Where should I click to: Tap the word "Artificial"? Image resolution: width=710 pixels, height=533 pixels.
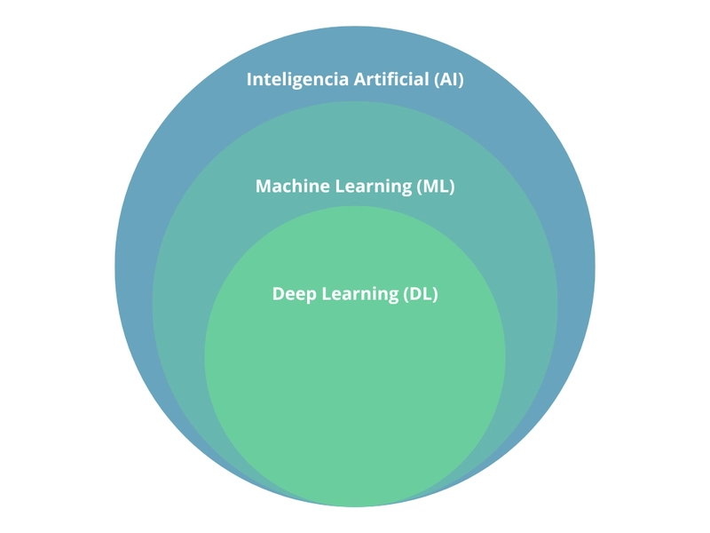(x=391, y=79)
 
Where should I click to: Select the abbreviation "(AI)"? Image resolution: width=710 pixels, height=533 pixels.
(x=448, y=79)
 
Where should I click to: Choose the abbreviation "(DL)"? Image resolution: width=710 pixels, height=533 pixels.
(x=420, y=294)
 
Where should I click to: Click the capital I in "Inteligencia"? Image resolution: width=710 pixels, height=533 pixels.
(x=249, y=79)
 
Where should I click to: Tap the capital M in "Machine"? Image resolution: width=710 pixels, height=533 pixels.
(x=263, y=187)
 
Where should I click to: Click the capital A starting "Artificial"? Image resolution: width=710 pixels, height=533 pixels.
(x=359, y=79)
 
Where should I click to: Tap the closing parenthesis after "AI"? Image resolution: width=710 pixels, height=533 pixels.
(x=461, y=79)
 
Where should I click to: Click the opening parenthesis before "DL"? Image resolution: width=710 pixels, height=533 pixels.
(x=406, y=294)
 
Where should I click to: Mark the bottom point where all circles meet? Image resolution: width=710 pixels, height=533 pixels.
(x=355, y=505)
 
